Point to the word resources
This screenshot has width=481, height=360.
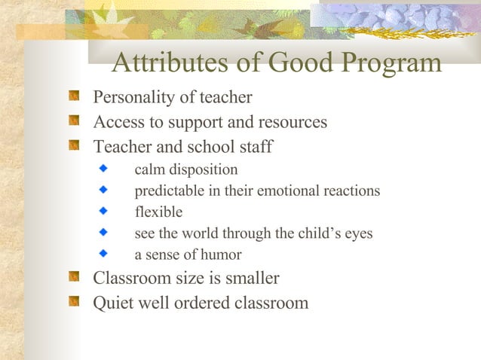point(292,122)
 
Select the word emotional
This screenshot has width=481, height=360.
point(288,191)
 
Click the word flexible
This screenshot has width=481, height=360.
point(158,212)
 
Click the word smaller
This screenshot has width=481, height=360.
point(251,279)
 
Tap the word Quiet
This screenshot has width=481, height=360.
point(112,304)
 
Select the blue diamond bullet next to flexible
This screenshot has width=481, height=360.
point(115,211)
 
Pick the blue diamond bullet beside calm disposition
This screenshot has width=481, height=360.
point(115,168)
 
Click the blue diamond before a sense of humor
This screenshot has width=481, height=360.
point(115,254)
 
